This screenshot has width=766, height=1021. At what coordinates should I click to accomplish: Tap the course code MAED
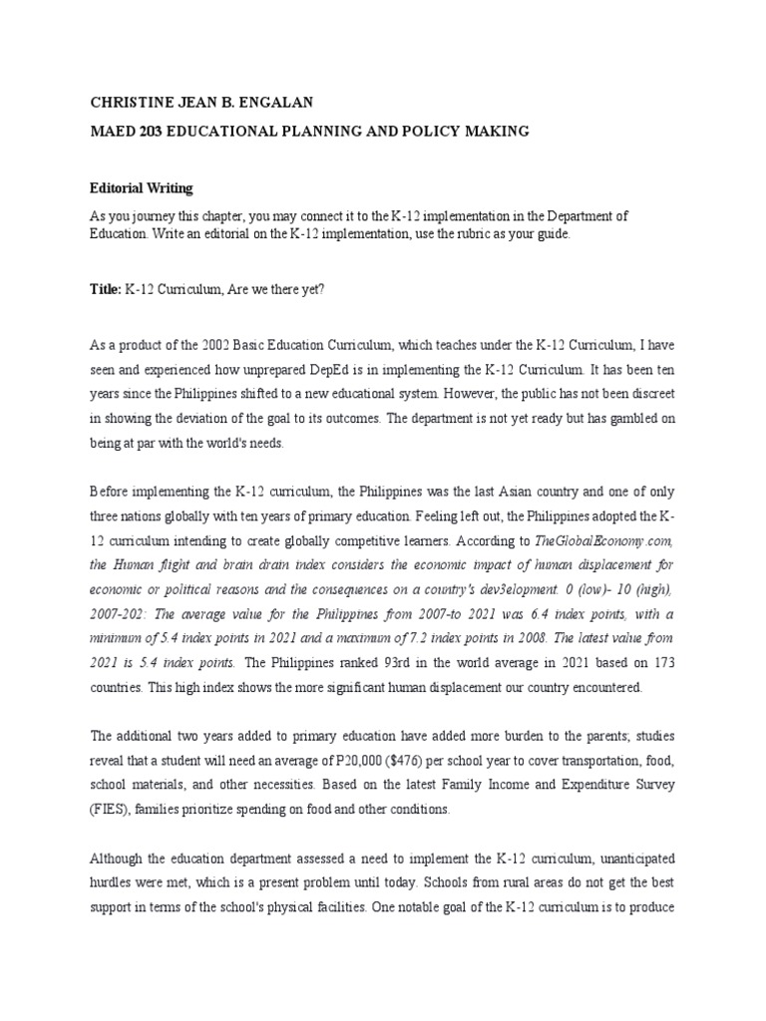(x=114, y=131)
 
